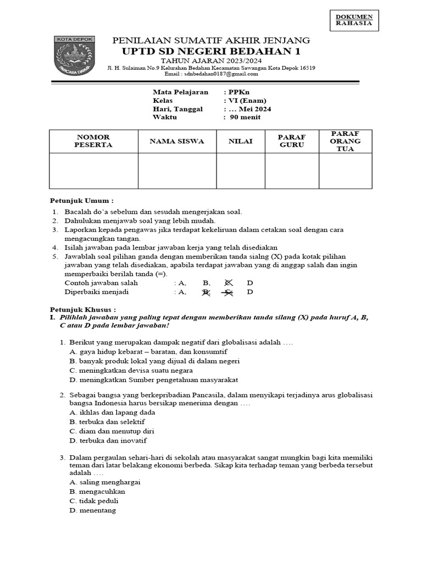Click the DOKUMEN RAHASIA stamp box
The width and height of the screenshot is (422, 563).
(354, 20)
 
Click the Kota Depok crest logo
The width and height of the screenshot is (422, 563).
(75, 57)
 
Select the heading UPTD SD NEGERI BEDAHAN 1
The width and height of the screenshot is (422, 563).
(211, 51)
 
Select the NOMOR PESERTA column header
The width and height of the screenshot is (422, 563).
(93, 141)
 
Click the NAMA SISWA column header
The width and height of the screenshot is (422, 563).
(176, 141)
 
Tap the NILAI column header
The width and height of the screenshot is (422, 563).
(240, 141)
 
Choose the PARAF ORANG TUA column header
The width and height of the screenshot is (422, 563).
(345, 141)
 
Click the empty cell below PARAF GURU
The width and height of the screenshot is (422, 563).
(292, 171)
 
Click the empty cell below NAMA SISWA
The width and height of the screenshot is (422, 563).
(176, 171)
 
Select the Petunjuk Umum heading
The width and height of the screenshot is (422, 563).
(82, 201)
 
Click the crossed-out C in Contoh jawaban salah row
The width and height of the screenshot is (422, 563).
(229, 283)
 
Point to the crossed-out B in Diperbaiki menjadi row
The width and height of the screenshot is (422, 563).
(207, 292)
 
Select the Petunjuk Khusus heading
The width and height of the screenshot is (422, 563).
(83, 310)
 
